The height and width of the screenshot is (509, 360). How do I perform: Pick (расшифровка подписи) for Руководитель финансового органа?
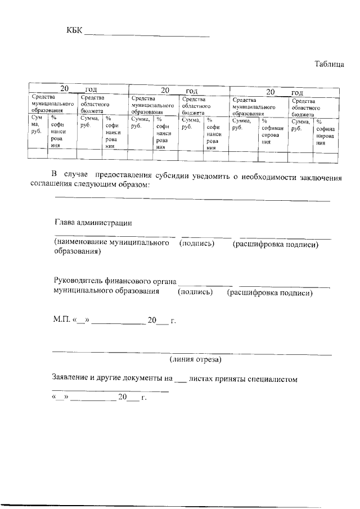(x=269, y=292)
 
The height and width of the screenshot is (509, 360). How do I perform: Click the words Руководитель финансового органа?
(x=115, y=282)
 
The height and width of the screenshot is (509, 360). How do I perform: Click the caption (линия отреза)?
(x=195, y=359)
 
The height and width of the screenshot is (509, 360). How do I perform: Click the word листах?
(x=201, y=379)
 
